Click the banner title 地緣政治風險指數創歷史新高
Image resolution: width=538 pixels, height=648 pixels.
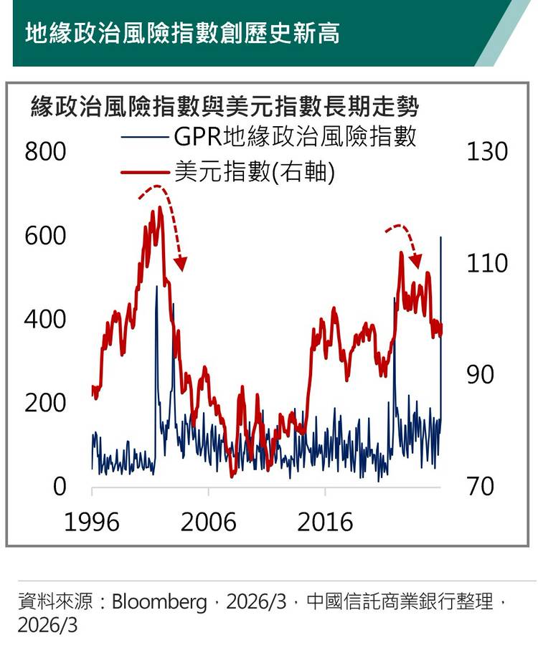tap(182, 33)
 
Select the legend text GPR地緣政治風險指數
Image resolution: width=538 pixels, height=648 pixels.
tap(294, 135)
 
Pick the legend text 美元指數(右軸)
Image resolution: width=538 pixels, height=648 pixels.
tap(254, 172)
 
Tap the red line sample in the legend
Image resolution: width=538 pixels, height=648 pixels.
tap(146, 173)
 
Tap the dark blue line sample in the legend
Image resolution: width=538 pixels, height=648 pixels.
tap(146, 136)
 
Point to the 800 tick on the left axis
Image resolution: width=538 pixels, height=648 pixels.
tap(45, 153)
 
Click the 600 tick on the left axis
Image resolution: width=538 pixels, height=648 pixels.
tap(45, 236)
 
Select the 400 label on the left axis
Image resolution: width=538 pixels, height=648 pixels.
tap(45, 320)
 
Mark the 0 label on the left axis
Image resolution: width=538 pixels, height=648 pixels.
tap(59, 487)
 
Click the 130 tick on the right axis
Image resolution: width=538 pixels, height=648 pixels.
tap(486, 153)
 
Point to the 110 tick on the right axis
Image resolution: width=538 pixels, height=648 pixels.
tap(486, 264)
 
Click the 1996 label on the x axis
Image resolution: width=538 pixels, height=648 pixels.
tap(92, 522)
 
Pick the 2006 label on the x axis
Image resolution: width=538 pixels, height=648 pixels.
tap(208, 522)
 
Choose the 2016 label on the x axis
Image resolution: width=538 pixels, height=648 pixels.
tap(325, 522)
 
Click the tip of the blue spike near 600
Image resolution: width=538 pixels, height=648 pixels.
tap(440, 237)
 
